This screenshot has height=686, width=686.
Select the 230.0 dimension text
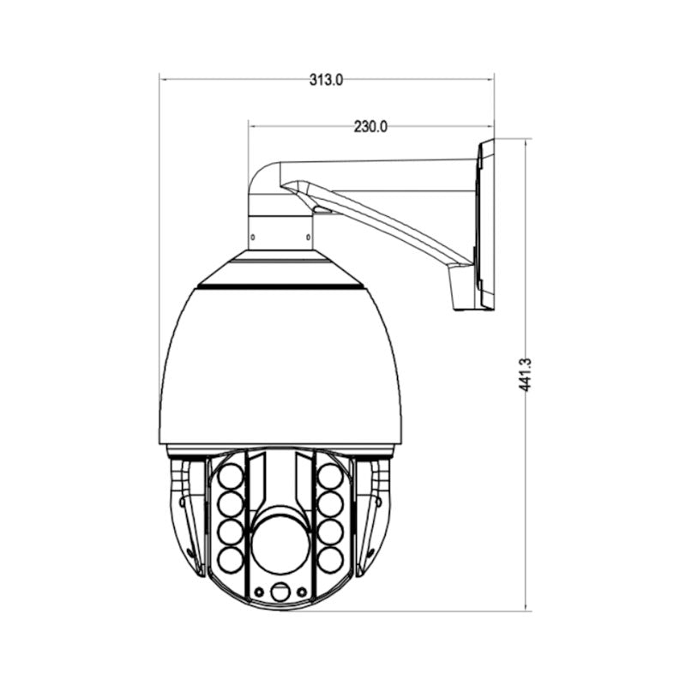tap(370, 127)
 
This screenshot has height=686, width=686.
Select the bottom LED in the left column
tap(230, 560)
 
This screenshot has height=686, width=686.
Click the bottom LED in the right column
tap(330, 560)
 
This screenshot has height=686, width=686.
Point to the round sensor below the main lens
tap(280, 593)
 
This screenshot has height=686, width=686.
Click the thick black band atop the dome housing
tap(280, 286)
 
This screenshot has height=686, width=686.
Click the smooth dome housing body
tap(280, 369)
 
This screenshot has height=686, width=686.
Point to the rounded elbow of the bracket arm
tap(262, 178)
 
